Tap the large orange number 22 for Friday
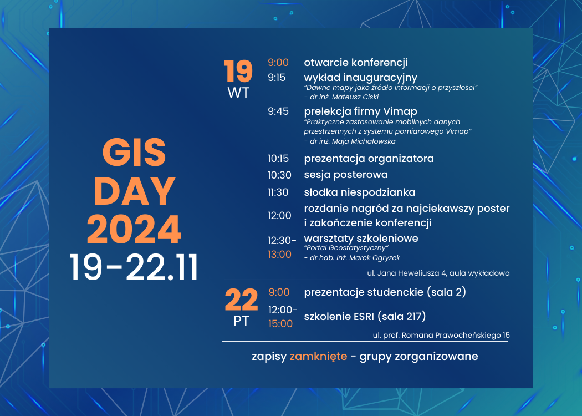click(241, 301)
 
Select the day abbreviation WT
click(238, 93)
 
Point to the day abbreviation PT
click(241, 321)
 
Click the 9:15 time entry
click(277, 78)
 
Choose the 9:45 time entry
click(278, 111)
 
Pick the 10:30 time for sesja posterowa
click(279, 175)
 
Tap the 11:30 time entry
click(279, 192)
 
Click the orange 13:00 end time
click(279, 255)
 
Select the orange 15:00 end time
click(280, 323)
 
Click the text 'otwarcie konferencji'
click(356, 63)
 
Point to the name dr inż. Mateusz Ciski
click(341, 97)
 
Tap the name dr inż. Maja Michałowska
click(350, 141)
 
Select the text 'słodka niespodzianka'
click(360, 192)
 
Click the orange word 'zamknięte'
click(318, 356)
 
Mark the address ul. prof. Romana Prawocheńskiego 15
click(441, 335)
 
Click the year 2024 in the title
click(134, 230)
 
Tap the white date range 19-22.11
click(134, 268)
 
